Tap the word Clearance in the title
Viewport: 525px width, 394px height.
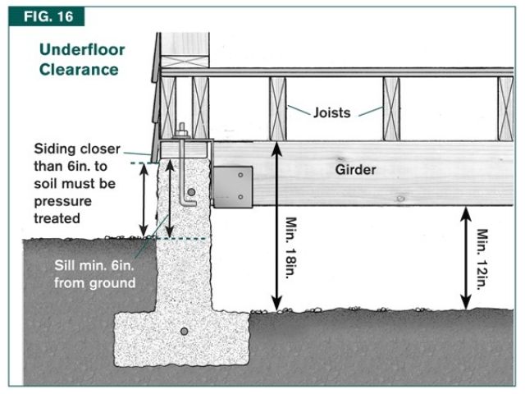point(78,69)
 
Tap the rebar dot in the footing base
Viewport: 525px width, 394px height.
point(184,331)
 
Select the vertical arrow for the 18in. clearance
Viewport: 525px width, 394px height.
point(278,226)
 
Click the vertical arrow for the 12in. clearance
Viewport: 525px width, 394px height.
point(465,257)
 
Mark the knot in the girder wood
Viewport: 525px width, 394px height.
point(399,199)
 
